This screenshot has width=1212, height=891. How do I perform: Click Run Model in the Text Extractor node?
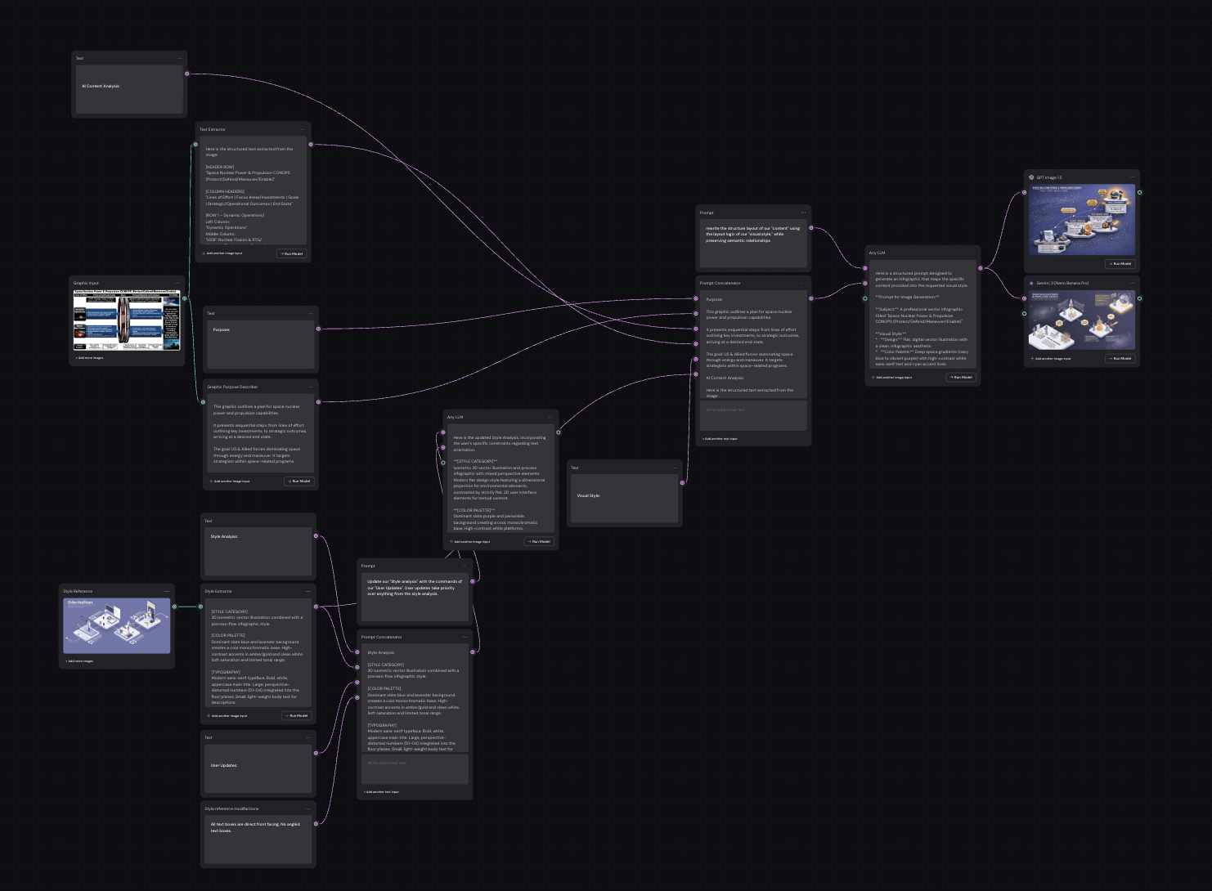coord(292,253)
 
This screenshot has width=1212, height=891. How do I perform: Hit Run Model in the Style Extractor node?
coord(297,715)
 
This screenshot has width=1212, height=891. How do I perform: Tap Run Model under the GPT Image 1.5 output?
coord(1120,263)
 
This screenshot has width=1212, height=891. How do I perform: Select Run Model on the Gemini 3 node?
coord(1120,358)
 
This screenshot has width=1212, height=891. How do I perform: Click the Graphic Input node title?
coord(86,283)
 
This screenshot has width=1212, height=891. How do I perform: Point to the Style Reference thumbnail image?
coord(117,625)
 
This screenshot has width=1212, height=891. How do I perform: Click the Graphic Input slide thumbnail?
coord(126,320)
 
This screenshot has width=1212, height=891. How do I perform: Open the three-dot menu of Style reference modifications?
coord(307,808)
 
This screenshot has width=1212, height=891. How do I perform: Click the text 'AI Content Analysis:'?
coord(101,86)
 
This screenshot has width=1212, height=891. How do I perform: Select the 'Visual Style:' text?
coord(588,495)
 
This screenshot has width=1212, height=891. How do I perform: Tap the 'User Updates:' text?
coord(223,765)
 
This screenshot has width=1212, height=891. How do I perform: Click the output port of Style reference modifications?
coord(316,823)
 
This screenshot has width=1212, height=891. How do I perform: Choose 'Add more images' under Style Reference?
coord(79,660)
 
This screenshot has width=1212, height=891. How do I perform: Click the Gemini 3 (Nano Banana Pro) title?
coord(1062,283)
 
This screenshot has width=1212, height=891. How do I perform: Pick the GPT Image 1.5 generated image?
coord(1081,219)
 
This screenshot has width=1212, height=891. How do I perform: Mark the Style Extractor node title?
coord(218,591)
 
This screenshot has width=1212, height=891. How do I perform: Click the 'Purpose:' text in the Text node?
coord(221,329)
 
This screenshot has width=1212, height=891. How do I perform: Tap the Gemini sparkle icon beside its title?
coord(1031,283)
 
